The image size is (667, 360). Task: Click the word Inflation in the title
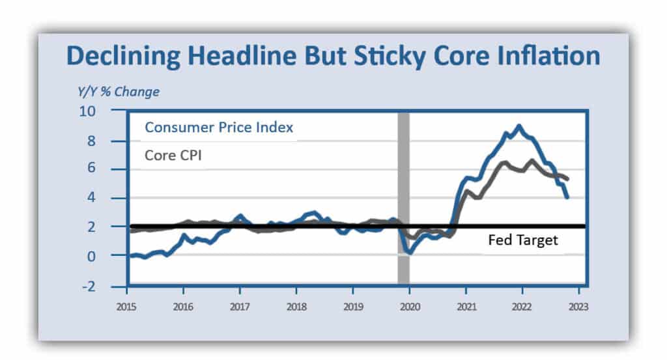pos(547,57)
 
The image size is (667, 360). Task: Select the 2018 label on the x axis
pos(296,307)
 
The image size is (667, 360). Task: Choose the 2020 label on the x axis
pos(409,307)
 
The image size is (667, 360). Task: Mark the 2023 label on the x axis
pos(578,307)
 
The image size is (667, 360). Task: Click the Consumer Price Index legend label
pos(219,127)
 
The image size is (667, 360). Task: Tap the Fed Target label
pos(523,240)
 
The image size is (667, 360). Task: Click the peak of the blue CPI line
pos(518,126)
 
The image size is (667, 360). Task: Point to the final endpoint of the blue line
pos(567,197)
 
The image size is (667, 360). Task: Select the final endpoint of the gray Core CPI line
pos(568,179)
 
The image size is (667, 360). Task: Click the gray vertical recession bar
pos(403,195)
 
